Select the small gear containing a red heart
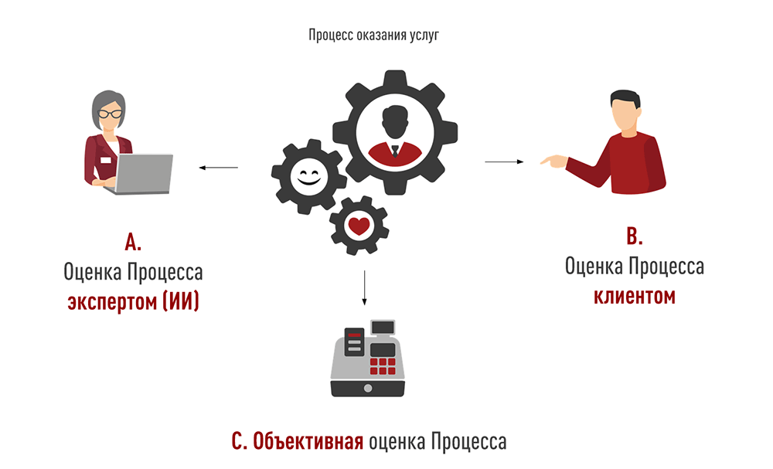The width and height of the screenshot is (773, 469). click(359, 226)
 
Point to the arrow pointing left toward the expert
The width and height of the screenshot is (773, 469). click(218, 167)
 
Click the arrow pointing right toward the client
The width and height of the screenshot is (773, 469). click(505, 161)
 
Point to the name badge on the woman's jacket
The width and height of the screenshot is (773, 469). click(104, 161)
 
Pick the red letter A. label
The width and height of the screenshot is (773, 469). click(133, 242)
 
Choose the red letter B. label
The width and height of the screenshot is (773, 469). click(634, 236)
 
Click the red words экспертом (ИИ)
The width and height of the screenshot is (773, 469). click(133, 302)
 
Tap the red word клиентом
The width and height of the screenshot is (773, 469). click(634, 296)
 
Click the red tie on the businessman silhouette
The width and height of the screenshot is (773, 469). click(395, 150)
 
